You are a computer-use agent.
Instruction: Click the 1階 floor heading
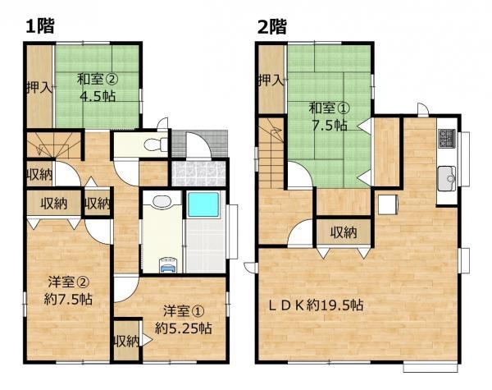40,25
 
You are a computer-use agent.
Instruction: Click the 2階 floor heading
272,25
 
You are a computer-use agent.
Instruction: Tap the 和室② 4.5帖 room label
98,87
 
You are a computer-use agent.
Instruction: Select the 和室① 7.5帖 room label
329,117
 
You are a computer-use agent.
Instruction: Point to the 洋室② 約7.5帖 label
68,291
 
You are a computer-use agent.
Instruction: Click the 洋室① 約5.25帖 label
184,320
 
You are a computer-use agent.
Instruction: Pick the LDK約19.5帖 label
316,305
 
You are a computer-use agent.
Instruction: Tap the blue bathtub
203,205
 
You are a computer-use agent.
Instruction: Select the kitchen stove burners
447,138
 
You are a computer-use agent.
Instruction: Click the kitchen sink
447,178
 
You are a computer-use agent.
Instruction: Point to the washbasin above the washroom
162,201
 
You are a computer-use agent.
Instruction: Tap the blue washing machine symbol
168,264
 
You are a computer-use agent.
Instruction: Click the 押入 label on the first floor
39,88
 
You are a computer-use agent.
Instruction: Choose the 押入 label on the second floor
271,80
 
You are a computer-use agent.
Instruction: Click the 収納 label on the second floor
344,233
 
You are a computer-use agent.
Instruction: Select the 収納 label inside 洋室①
126,341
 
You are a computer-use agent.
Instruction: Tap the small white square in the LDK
388,204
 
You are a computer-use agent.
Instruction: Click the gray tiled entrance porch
199,144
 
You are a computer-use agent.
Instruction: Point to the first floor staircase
54,145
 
